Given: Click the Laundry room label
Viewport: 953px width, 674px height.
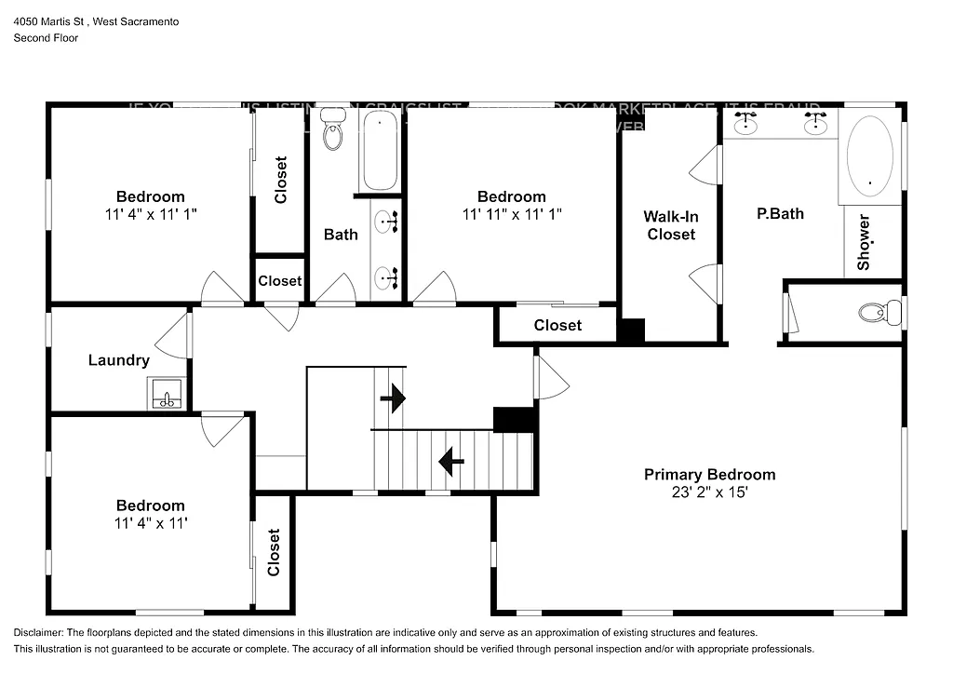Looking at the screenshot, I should pyautogui.click(x=119, y=360).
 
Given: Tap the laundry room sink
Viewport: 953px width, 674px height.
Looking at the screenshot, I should pyautogui.click(x=167, y=395).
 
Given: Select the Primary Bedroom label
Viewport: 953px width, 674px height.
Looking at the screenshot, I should pyautogui.click(x=709, y=475).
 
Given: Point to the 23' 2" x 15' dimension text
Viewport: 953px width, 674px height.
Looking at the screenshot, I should pyautogui.click(x=709, y=492).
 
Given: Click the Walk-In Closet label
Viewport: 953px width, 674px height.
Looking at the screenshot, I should pyautogui.click(x=671, y=225).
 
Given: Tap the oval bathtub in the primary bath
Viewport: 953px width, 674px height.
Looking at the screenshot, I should pyautogui.click(x=869, y=156).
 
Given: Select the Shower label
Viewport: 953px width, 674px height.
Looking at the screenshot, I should pyautogui.click(x=864, y=242).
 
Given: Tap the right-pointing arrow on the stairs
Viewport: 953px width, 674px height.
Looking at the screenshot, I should pyautogui.click(x=394, y=398).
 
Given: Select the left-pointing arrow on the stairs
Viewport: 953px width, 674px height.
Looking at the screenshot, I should pyautogui.click(x=451, y=460).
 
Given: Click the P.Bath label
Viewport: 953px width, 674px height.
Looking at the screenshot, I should pyautogui.click(x=780, y=213).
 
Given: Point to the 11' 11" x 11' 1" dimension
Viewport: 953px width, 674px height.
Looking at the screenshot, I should pyautogui.click(x=512, y=214).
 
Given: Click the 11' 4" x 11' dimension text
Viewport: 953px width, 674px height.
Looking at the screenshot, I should pyautogui.click(x=150, y=523).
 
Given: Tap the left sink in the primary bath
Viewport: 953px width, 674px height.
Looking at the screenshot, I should pyautogui.click(x=745, y=123).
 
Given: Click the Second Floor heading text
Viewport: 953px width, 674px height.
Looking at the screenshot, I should pyautogui.click(x=46, y=38).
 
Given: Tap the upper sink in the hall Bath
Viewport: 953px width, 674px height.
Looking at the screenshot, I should pyautogui.click(x=386, y=222).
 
